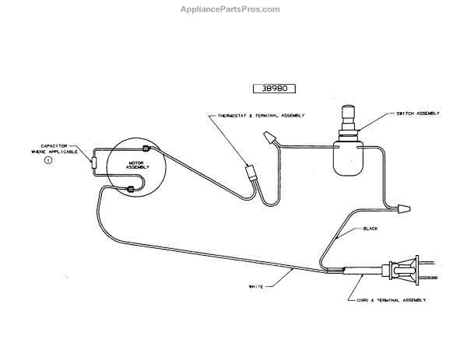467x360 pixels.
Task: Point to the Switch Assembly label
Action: [x=419, y=114]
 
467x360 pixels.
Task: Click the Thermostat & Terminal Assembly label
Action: [x=256, y=115]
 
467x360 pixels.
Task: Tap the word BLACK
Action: [x=370, y=229]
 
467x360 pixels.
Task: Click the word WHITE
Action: [x=258, y=286]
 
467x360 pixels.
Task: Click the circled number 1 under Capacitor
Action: [x=48, y=161]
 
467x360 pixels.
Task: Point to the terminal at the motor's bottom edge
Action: [x=132, y=188]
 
